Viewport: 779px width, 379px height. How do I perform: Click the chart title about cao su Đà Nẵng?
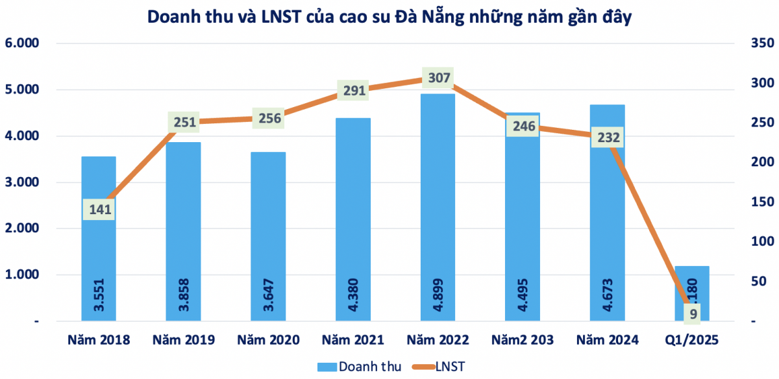pos(389,18)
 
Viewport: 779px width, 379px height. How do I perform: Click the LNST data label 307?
pos(437,78)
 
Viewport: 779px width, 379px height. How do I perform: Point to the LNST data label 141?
pos(99,209)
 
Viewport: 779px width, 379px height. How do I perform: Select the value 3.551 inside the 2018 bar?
pos(99,296)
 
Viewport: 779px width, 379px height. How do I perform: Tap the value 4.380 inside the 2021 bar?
pos(352,296)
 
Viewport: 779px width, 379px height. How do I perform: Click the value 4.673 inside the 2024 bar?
pos(607,296)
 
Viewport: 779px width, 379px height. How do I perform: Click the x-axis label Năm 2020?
pos(267,339)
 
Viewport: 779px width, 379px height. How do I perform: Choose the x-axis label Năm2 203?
pos(522,339)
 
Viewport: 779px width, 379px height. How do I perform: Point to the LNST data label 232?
pos(607,138)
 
